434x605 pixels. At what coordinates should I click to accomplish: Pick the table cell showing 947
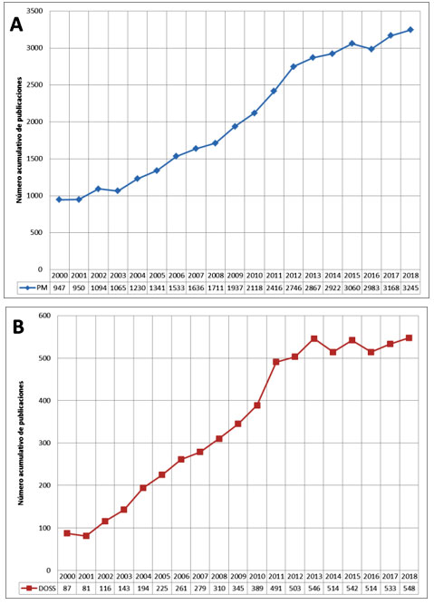pos(59,288)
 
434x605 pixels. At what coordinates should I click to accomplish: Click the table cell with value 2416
pos(274,288)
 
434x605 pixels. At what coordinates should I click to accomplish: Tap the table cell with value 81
pos(87,590)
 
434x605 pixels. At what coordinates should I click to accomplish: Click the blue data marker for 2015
pos(352,44)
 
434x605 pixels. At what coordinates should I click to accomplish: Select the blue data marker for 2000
pos(59,200)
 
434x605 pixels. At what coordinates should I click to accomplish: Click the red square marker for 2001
pos(86,536)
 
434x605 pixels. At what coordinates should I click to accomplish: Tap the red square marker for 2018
pos(410,338)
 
